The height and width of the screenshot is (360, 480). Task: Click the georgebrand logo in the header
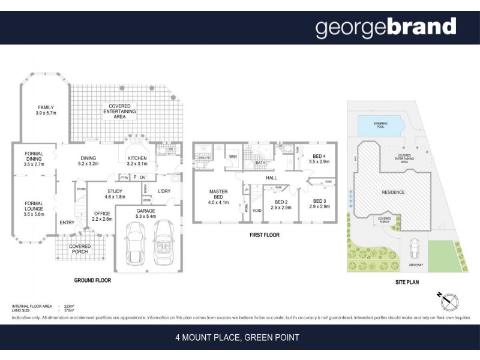tap(386, 28)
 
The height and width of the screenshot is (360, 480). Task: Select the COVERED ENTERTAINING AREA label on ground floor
tap(119, 112)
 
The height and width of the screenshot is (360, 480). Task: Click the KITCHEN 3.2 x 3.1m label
tap(137, 160)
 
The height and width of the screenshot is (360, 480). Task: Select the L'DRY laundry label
tap(164, 191)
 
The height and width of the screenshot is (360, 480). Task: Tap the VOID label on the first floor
tap(257, 211)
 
